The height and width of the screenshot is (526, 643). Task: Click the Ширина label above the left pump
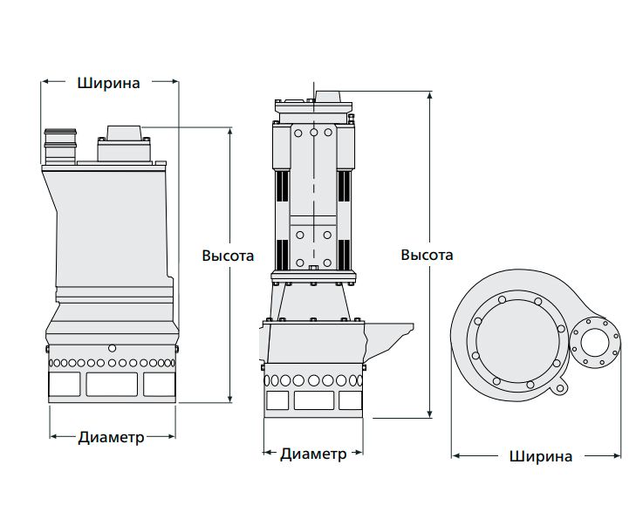pos(109,83)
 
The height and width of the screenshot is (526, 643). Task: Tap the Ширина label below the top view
pos(541,455)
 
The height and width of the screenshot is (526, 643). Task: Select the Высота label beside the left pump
pos(228,256)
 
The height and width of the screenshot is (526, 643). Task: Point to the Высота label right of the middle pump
pos(427,255)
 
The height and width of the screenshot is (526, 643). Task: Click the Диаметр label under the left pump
pos(111,436)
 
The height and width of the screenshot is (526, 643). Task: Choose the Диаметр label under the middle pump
pos(313,454)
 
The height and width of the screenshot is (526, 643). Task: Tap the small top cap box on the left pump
pos(124,134)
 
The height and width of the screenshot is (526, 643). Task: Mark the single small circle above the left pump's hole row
pos(112,348)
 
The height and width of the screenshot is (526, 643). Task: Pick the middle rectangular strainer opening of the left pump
pos(112,384)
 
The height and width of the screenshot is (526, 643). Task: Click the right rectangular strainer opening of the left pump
pos(157,384)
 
